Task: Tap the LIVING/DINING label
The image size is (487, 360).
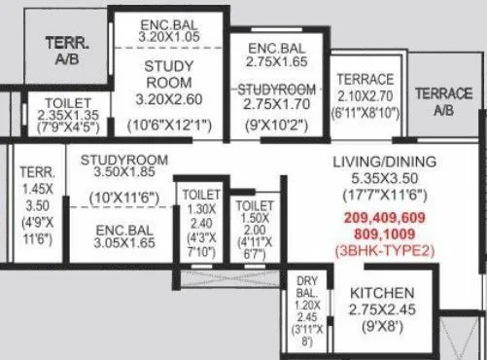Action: [x=383, y=162]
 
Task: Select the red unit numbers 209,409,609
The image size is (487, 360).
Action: [x=384, y=218]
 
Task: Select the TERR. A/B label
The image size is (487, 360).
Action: [x=60, y=51]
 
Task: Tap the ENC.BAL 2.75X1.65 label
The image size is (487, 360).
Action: [x=276, y=54]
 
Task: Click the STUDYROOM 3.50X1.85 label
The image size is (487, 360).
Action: [x=125, y=166]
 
